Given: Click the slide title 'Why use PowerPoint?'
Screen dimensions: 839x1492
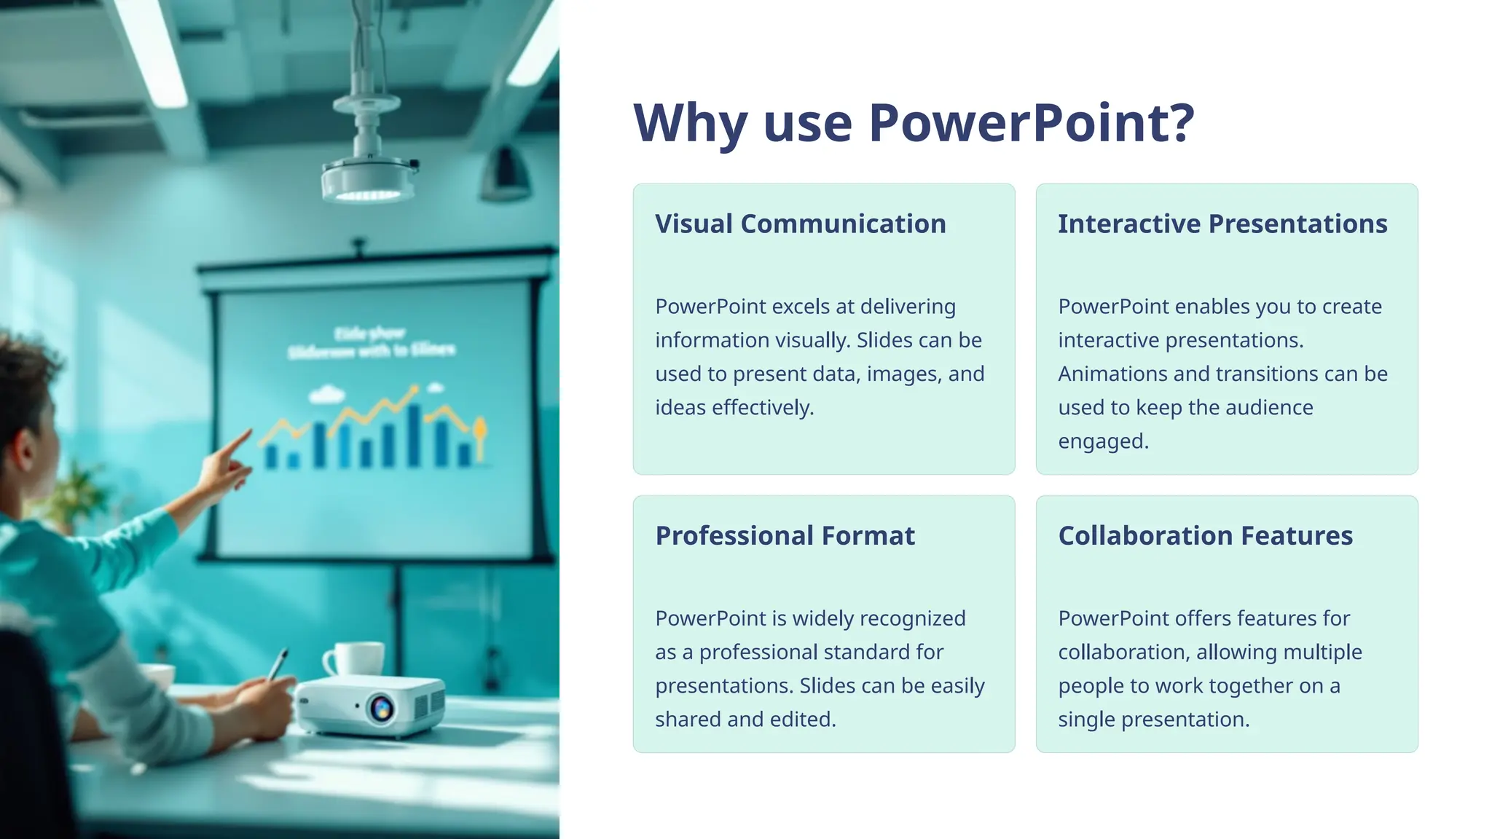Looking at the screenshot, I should coord(914,122).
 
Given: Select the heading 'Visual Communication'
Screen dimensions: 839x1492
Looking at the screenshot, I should coord(800,224).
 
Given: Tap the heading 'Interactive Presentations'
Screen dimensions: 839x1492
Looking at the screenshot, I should coord(1222,224).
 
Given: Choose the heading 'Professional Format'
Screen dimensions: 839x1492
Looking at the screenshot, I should coord(785,535).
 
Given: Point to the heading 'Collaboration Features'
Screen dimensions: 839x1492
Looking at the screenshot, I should coord(1205,535).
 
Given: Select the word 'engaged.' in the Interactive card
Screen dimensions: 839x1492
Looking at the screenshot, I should coord(1103,441).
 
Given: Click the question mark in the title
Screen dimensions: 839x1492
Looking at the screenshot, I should coord(1182,122).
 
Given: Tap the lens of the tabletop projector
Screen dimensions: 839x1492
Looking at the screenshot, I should coord(382,707).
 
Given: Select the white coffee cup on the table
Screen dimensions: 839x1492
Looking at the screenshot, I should coord(358,658).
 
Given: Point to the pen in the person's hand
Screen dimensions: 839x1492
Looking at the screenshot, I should coord(278,663).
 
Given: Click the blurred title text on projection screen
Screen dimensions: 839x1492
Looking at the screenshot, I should coord(371,342).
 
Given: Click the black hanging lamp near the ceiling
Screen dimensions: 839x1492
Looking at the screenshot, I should coord(504,176).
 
